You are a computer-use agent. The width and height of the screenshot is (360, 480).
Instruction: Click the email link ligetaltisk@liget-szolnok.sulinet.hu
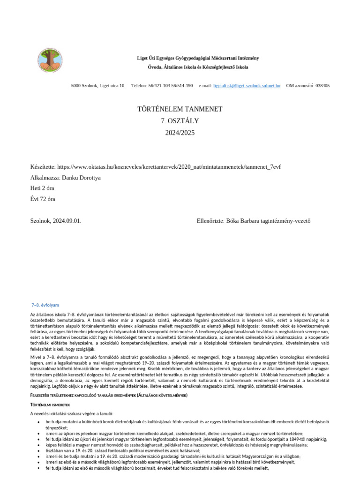tap(247, 86)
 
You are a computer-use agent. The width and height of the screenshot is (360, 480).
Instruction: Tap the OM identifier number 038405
tap(322, 86)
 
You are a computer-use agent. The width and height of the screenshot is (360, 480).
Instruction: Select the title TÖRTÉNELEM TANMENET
tap(173, 109)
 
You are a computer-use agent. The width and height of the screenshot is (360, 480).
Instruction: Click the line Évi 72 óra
tap(43, 199)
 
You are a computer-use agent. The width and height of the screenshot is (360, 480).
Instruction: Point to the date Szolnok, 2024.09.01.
tap(55, 221)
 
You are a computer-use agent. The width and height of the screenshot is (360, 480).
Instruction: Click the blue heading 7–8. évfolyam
tap(45, 305)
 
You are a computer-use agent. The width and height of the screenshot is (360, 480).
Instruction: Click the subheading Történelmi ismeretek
tap(50, 404)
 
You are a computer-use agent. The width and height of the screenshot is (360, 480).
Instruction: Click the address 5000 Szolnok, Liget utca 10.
tap(98, 86)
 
